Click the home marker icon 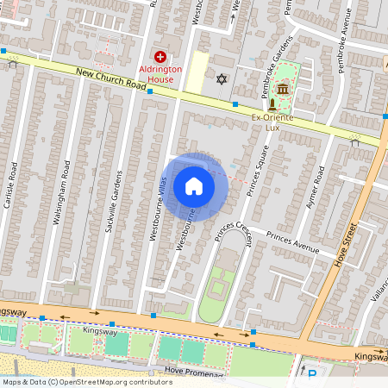coord(194,185)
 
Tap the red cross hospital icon coord(160,55)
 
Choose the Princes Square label coord(259,171)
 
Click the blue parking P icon coord(312,374)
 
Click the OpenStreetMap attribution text coord(86,382)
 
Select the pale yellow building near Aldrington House coord(198,72)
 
